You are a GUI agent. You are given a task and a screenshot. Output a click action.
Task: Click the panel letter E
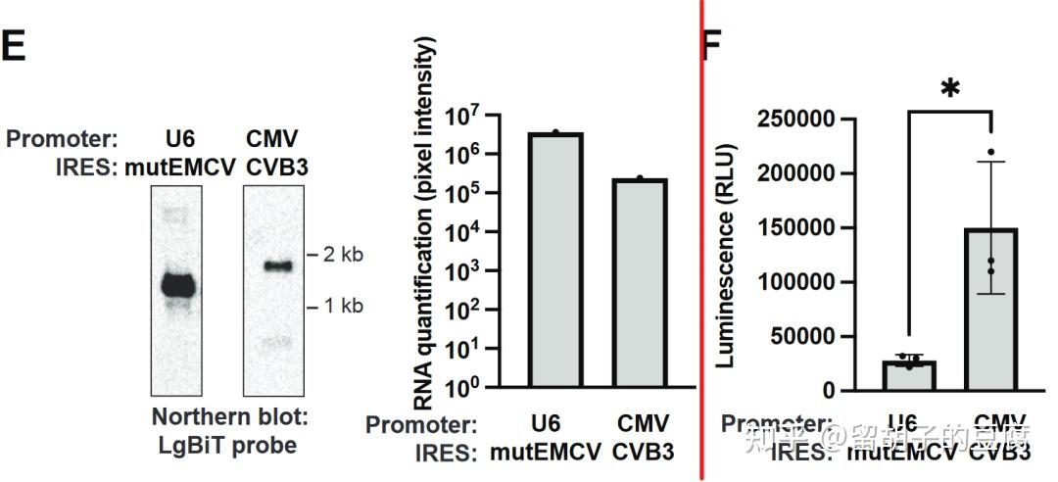pyautogui.click(x=14, y=46)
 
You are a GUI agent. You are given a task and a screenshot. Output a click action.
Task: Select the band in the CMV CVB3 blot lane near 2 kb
pyautogui.click(x=277, y=265)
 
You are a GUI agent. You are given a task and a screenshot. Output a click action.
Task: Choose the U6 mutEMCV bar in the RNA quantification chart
pyautogui.click(x=554, y=260)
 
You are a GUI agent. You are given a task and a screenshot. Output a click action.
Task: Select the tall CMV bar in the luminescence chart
pyautogui.click(x=992, y=310)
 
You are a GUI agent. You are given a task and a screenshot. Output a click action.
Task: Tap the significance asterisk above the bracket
pyautogui.click(x=949, y=89)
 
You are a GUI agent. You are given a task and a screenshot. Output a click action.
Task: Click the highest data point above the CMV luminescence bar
pyautogui.click(x=991, y=152)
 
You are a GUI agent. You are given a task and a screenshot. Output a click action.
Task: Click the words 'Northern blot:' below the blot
pyautogui.click(x=230, y=416)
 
